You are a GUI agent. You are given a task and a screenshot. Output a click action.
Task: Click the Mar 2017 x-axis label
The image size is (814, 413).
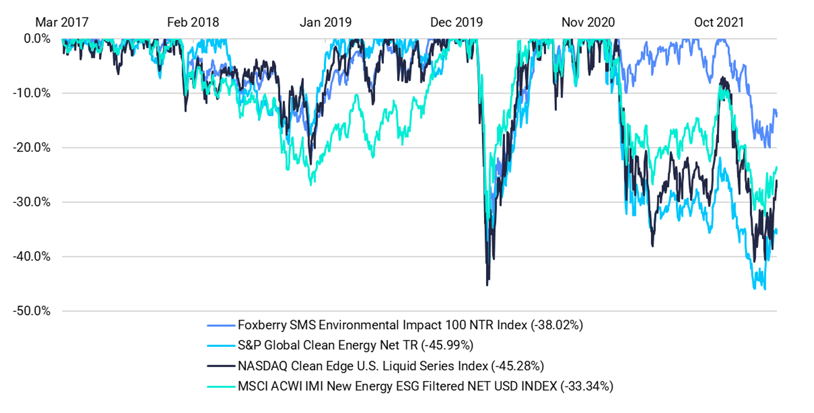pos(62,23)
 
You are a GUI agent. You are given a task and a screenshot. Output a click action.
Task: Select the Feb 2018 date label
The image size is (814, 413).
pos(193,23)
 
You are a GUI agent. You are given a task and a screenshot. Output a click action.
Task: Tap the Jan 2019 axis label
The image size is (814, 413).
pos(325,23)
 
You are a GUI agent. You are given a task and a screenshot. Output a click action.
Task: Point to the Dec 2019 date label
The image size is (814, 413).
pos(456,23)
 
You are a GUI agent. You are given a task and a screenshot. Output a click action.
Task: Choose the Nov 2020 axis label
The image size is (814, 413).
pos(588,23)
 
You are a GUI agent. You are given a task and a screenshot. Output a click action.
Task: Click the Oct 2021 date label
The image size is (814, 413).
pos(719,23)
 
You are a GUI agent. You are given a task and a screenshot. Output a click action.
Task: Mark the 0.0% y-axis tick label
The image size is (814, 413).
pos(37,39)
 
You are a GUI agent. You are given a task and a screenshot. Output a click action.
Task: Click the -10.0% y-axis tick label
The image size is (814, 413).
pos(32,93)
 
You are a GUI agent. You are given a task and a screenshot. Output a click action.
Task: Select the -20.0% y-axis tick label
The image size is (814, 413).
pos(32,148)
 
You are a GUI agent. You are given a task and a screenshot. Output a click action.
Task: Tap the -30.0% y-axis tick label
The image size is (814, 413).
pos(32,202)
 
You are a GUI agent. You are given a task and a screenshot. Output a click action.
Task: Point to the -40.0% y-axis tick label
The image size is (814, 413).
pos(32,257)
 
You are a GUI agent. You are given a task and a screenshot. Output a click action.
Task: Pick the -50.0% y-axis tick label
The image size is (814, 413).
pos(32,311)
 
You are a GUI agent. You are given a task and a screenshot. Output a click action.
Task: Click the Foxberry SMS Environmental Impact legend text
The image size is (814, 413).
pos(382,325)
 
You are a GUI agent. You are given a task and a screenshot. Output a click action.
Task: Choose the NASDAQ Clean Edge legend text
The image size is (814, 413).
pos(362,366)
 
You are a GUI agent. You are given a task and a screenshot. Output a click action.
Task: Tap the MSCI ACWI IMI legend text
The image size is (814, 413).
pos(397,386)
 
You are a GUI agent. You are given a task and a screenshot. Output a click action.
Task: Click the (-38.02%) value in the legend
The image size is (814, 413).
pos(557,325)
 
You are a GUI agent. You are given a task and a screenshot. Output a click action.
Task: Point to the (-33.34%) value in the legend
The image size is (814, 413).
pos(587,386)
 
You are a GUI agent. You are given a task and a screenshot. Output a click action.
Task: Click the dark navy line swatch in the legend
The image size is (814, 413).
pos(221,366)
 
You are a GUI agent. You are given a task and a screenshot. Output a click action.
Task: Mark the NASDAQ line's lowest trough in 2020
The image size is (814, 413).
pos(487,285)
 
